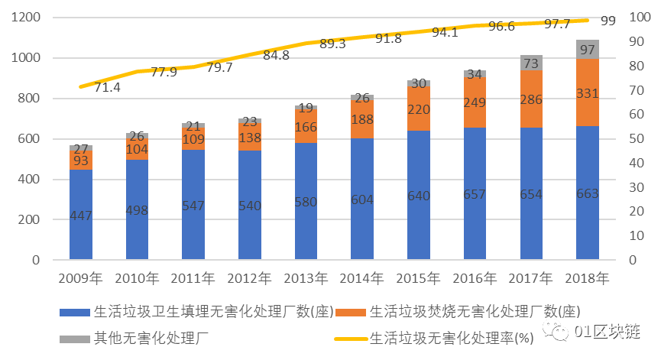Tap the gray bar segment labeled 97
click(x=587, y=50)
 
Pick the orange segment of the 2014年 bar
click(x=361, y=119)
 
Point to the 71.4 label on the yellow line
click(x=107, y=88)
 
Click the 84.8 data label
click(x=276, y=55)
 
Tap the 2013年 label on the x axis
click(x=306, y=277)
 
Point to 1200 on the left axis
click(x=26, y=18)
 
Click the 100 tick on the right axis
click(x=637, y=18)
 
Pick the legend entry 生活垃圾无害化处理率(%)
click(x=451, y=336)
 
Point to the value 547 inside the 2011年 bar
click(x=193, y=206)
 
